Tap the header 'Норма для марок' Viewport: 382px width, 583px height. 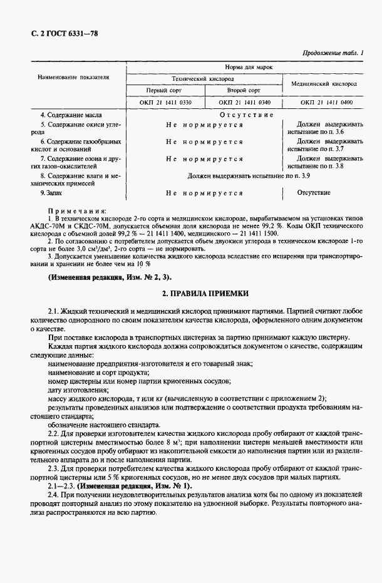coord(245,66)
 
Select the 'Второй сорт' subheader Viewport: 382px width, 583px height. coord(244,91)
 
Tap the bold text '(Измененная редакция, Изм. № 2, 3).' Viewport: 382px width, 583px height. coord(108,276)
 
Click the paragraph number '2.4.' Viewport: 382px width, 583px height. coord(56,494)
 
